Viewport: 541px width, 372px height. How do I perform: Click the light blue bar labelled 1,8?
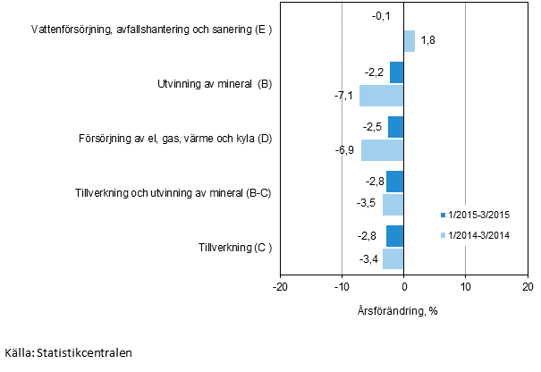tap(410, 41)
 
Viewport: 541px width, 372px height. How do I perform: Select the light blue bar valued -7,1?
tap(382, 96)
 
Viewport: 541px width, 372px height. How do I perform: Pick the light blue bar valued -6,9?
tap(383, 150)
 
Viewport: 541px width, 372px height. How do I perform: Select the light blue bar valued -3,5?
tap(393, 205)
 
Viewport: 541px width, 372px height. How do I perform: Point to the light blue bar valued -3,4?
tap(393, 259)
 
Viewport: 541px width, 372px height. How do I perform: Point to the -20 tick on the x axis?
tap(280, 286)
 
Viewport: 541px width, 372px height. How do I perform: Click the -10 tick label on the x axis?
tap(342, 286)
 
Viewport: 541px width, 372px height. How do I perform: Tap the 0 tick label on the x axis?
tap(404, 286)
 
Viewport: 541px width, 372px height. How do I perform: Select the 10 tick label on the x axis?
tap(465, 286)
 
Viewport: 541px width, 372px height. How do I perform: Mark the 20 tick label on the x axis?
tap(527, 286)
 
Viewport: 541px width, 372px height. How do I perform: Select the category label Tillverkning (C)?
tap(234, 248)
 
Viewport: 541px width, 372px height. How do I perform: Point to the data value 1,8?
tap(427, 41)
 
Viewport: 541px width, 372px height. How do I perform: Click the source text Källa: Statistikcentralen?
tap(68, 352)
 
